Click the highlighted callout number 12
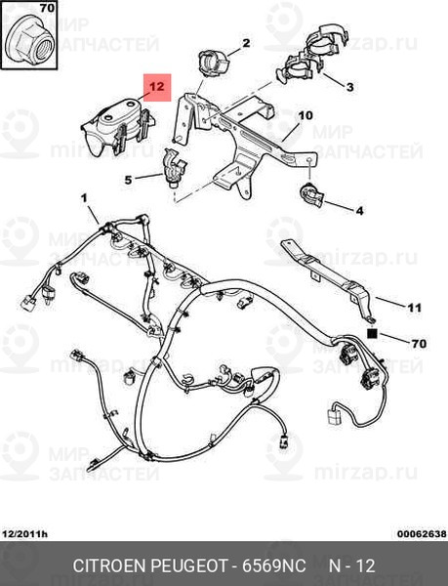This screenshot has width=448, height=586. point(157,87)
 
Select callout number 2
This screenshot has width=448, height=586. point(246,43)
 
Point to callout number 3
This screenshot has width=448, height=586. point(349,87)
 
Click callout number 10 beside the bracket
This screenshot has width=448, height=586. point(305,115)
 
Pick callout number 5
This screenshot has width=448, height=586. point(128,180)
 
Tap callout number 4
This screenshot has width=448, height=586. point(359,211)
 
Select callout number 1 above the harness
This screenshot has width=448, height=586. point(84,198)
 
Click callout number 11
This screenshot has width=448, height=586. point(415,308)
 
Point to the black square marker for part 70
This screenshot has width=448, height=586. point(372,333)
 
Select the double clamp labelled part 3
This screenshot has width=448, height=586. point(312,56)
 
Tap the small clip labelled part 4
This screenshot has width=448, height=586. point(311,194)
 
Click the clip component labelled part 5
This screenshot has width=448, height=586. point(173,168)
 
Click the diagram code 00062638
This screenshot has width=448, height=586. point(422,533)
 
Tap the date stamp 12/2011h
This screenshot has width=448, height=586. point(25,533)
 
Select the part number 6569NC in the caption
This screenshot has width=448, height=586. point(274,565)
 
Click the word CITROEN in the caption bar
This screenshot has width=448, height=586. point(109,565)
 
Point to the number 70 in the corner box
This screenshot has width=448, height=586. point(47,8)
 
